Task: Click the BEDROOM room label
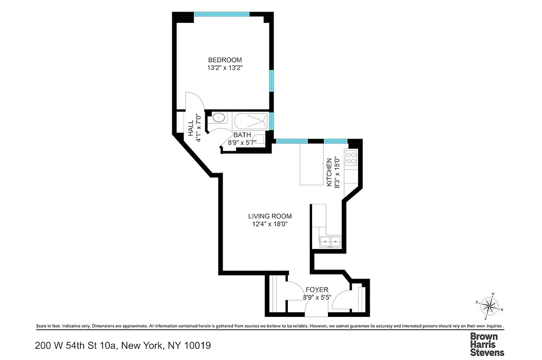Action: pyautogui.click(x=224, y=60)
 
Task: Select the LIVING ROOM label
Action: pyautogui.click(x=269, y=216)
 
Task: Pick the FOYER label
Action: pyautogui.click(x=317, y=289)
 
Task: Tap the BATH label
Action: pyautogui.click(x=242, y=135)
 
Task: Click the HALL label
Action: pyautogui.click(x=191, y=128)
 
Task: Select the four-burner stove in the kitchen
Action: pyautogui.click(x=351, y=157)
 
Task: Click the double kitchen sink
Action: pyautogui.click(x=329, y=242)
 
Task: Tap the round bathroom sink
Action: pyautogui.click(x=219, y=118)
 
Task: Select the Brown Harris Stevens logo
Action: pyautogui.click(x=487, y=344)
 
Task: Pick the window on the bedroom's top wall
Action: pyautogui.click(x=221, y=14)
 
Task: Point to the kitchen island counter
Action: pyautogui.click(x=310, y=164)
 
